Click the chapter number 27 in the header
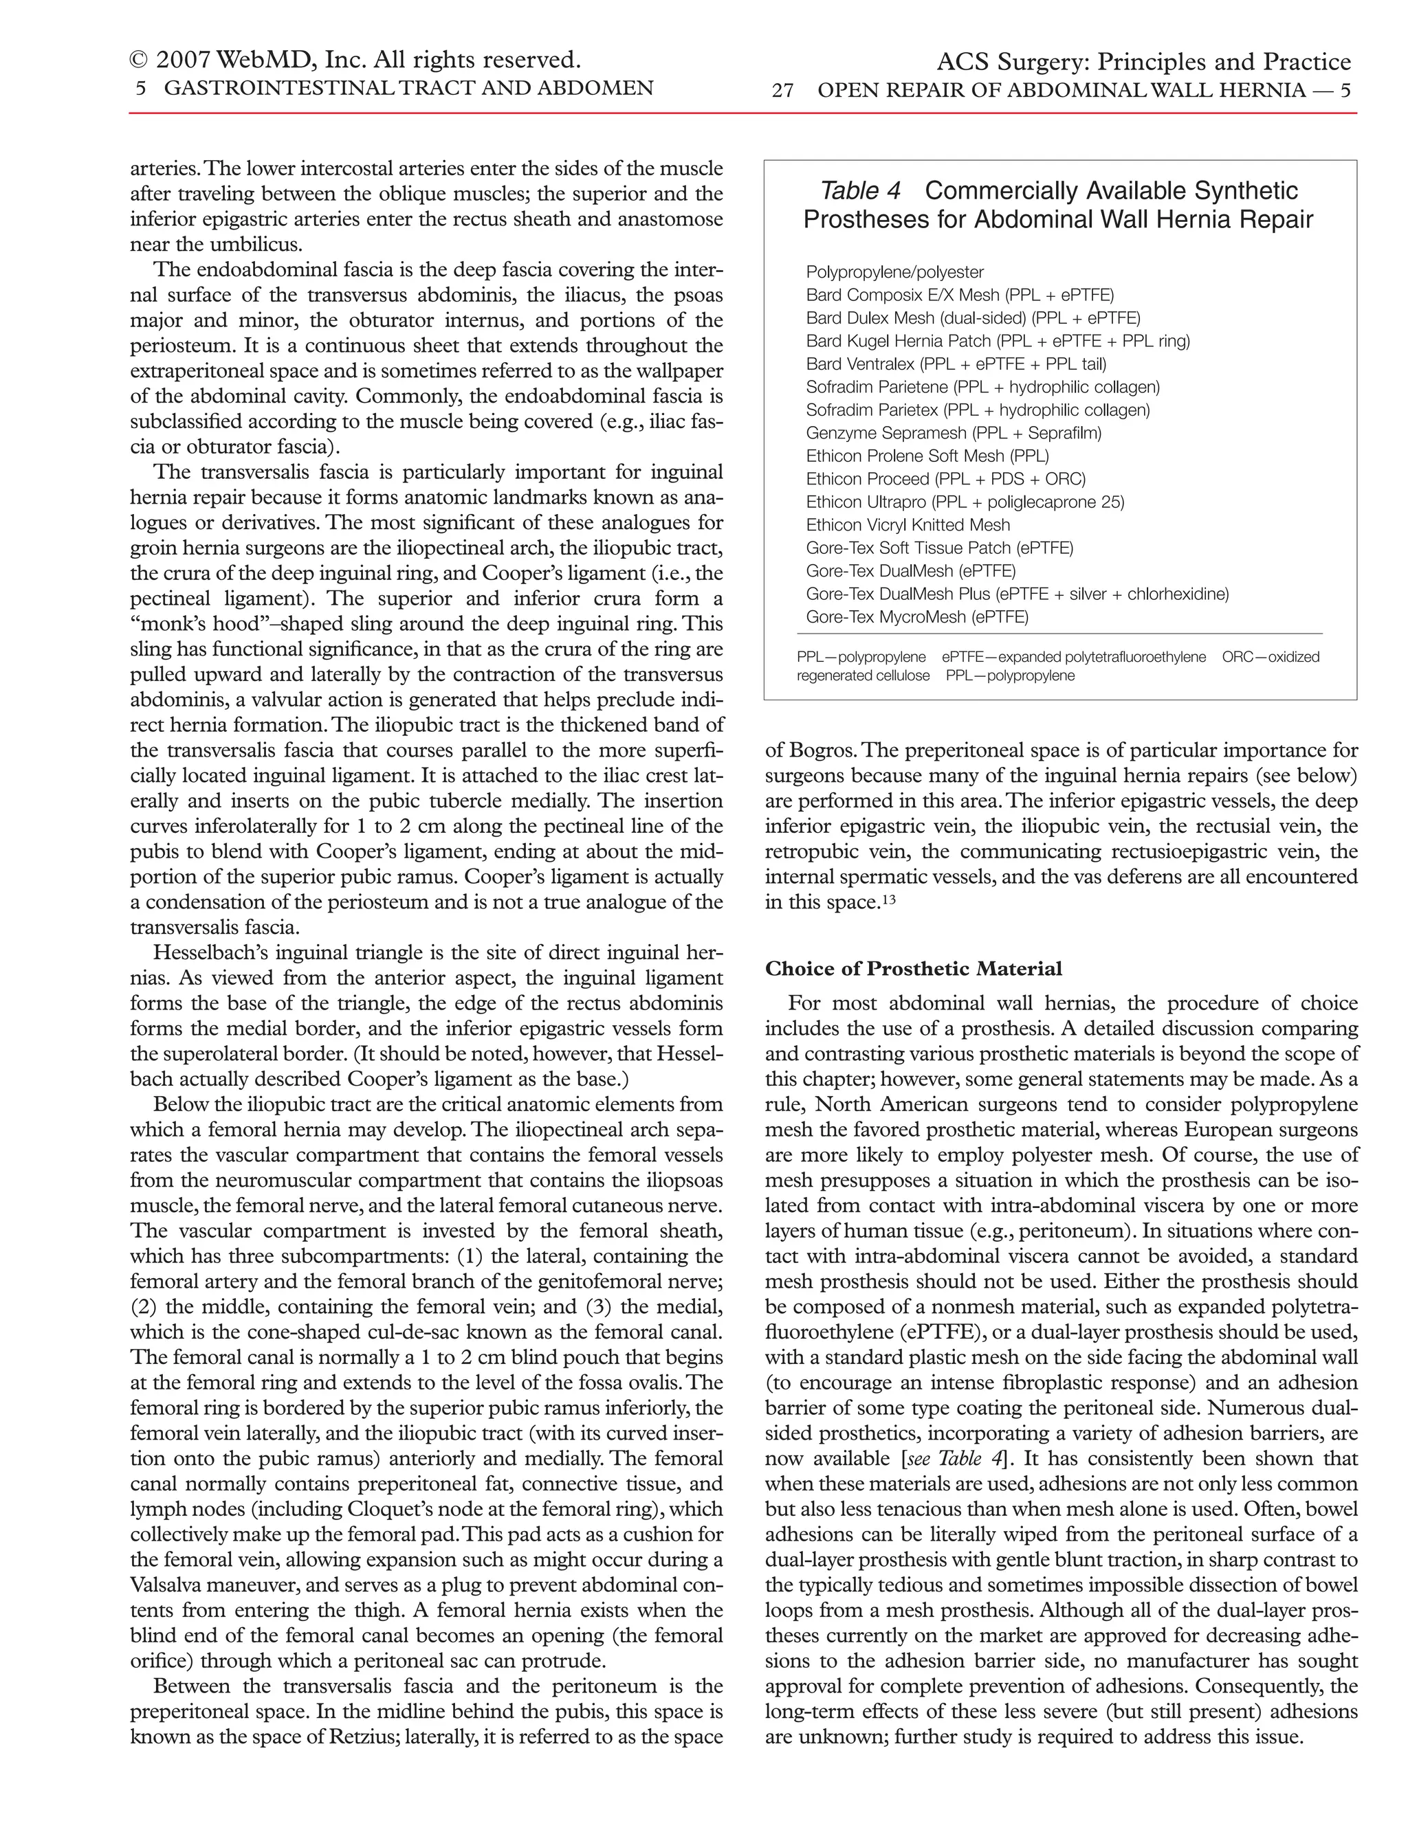click(782, 91)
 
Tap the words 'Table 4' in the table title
click(860, 191)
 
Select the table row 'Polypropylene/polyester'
click(894, 272)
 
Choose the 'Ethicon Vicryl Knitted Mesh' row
click(907, 525)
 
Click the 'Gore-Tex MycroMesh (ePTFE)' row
click(916, 617)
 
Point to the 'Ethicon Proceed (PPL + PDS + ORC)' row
click(945, 478)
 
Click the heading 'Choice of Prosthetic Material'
click(914, 969)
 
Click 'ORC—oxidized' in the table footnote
click(1270, 657)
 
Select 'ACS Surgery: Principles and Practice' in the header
click(1143, 63)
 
